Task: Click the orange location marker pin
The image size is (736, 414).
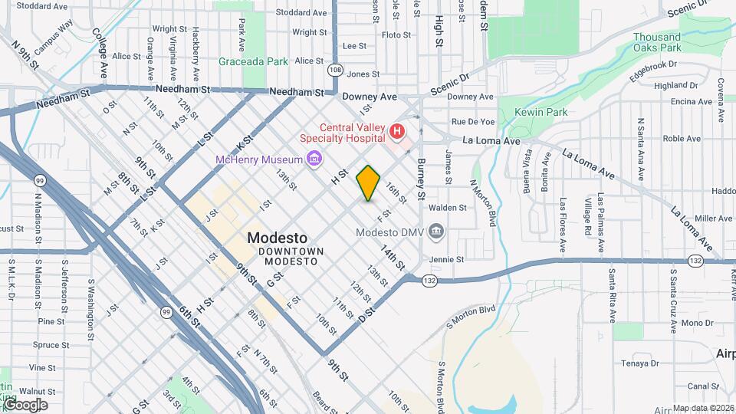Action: point(369,183)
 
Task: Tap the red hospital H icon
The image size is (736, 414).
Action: point(397,132)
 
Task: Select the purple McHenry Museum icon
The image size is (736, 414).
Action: point(313,159)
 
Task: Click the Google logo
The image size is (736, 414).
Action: point(25,404)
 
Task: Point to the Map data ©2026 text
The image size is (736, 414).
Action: point(703,408)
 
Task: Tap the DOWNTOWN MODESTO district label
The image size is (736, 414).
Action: point(291,257)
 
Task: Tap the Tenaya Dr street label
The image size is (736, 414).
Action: point(640,363)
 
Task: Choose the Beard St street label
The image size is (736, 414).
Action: point(321,402)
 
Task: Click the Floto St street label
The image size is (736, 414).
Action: point(396,34)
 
